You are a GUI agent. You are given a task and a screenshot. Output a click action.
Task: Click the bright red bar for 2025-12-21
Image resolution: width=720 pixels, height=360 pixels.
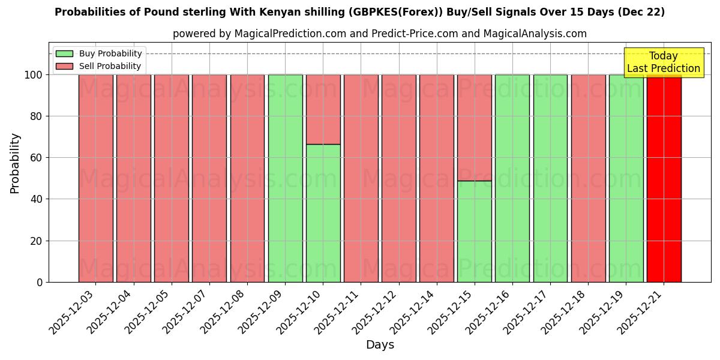click(x=664, y=178)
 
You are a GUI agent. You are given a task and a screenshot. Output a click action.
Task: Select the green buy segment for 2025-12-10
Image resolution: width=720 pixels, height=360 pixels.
click(x=323, y=213)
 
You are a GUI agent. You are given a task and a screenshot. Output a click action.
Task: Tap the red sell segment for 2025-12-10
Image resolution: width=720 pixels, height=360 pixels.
click(x=323, y=109)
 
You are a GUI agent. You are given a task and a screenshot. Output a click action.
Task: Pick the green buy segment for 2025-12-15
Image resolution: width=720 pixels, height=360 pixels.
click(x=474, y=232)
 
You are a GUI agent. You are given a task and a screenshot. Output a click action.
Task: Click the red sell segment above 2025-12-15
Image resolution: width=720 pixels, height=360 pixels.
click(x=474, y=127)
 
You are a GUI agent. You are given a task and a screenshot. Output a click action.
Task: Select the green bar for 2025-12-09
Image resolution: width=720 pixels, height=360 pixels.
click(x=285, y=178)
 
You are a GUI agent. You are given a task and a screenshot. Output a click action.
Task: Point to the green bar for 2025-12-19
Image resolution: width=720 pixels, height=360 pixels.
click(x=626, y=178)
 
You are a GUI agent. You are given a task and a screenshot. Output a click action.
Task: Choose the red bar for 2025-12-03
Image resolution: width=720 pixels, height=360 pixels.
click(x=95, y=178)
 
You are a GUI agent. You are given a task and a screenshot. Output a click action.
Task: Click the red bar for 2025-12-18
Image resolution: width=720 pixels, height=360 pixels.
click(x=588, y=178)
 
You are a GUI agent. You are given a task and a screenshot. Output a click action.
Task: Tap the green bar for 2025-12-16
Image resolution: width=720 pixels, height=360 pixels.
click(x=512, y=178)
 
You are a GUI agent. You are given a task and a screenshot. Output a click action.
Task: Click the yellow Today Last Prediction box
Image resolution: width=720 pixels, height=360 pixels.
click(x=663, y=62)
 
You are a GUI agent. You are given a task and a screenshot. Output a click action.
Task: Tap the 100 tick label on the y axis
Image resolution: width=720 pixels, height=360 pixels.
click(x=32, y=75)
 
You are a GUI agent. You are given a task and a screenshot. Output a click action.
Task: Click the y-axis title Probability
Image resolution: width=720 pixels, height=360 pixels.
click(x=15, y=163)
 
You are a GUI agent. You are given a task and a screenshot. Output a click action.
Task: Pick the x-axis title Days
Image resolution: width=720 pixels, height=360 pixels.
click(x=380, y=345)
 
